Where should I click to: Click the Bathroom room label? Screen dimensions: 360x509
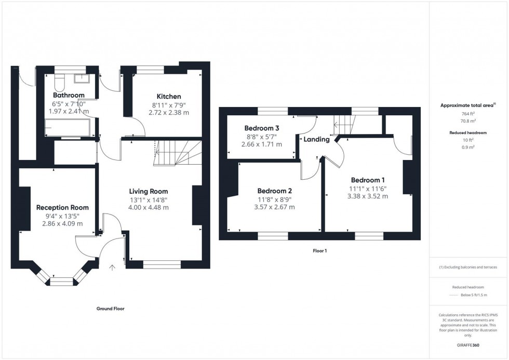69,95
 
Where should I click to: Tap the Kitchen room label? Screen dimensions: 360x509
169,96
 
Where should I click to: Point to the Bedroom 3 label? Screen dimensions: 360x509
262,128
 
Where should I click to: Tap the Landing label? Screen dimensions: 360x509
316,140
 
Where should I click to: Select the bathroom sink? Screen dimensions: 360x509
82,78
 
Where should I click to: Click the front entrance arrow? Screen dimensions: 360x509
112,268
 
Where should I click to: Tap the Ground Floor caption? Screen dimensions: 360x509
111,309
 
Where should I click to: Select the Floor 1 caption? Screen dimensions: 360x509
319,250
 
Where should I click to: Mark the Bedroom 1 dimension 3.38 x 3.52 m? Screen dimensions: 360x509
368,196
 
